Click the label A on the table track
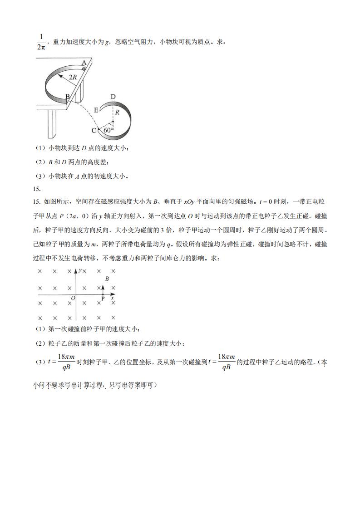click(x=84, y=63)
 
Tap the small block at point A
click(x=84, y=68)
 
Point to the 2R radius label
click(x=73, y=77)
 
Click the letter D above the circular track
click(x=113, y=96)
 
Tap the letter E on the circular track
click(x=96, y=110)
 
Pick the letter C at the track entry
click(x=94, y=131)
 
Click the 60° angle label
click(x=108, y=130)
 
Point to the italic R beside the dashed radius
click(x=117, y=112)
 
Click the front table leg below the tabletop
click(x=51, y=123)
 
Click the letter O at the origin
click(x=72, y=298)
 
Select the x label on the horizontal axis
click(x=112, y=298)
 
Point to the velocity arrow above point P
click(x=103, y=289)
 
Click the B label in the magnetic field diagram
click(x=107, y=279)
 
